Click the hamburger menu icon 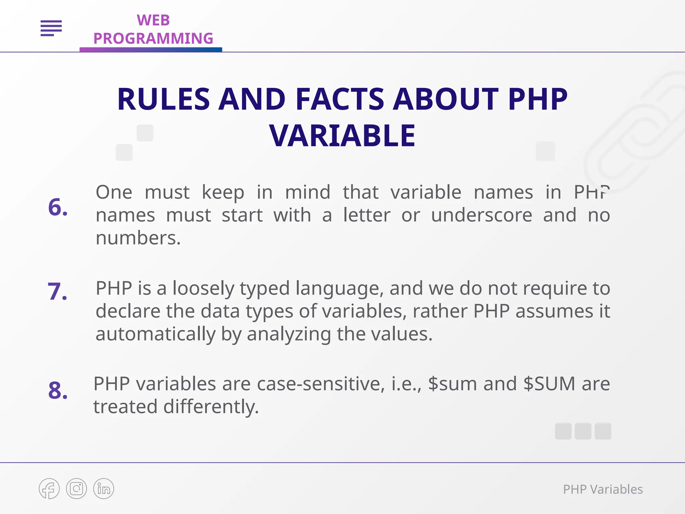coord(51,28)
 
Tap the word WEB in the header coord(153,20)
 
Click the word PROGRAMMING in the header coord(153,38)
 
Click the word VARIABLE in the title coord(342,136)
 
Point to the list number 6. coord(58,207)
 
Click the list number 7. coord(57,291)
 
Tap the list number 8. coord(58,391)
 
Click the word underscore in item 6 coord(481,215)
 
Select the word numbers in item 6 coord(138,238)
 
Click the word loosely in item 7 coord(203,288)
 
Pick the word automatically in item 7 coord(156,334)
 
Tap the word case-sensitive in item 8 coord(321,384)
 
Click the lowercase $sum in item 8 coord(452,384)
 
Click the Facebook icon coord(49,489)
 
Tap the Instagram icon coord(77,489)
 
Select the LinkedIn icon coord(104,489)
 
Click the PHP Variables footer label coord(603,489)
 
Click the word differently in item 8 coord(211,407)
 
